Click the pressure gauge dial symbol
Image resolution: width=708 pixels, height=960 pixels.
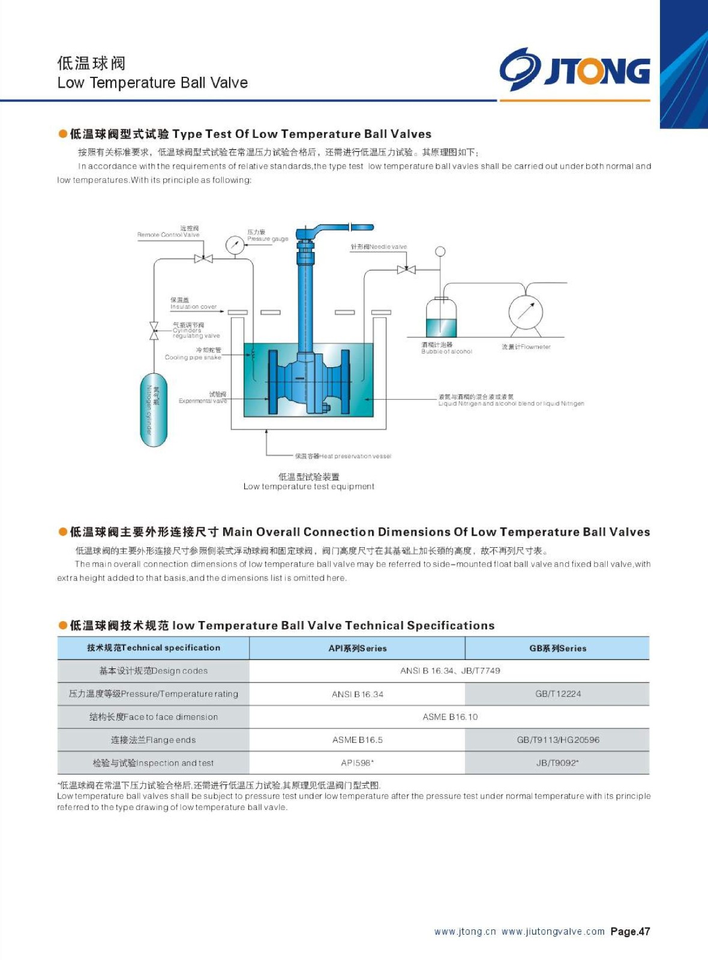(234, 244)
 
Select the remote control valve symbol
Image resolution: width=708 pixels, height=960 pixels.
(203, 259)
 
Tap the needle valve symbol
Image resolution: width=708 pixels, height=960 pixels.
(406, 269)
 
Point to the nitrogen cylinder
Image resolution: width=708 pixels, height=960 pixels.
(154, 410)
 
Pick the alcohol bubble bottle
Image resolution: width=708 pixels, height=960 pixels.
(441, 317)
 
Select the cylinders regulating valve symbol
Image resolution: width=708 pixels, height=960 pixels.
(154, 331)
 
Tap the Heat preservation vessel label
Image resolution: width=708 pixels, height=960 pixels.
(343, 456)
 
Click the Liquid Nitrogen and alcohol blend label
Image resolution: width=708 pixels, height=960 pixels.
(511, 400)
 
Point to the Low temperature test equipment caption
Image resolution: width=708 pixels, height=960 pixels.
(308, 487)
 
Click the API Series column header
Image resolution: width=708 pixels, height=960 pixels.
(357, 648)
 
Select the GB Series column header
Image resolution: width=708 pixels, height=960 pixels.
(557, 648)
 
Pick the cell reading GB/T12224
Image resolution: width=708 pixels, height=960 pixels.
(557, 694)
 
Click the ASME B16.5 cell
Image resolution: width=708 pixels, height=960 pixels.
(357, 740)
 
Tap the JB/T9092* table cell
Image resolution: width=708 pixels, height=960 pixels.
(557, 763)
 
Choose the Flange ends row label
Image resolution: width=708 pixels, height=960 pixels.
(153, 740)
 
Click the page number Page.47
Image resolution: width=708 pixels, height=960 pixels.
(630, 931)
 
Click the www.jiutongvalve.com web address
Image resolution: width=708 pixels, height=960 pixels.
(553, 931)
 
